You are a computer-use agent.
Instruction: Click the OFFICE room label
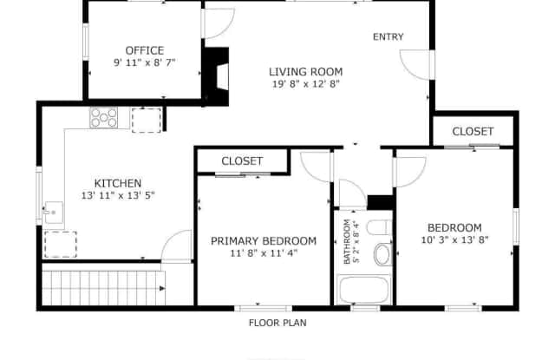pos(145,50)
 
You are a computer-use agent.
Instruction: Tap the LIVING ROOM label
pos(306,72)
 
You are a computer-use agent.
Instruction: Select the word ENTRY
pos(388,36)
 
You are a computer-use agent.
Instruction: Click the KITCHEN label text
pos(118,183)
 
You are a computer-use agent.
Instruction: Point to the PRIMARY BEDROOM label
pos(264,241)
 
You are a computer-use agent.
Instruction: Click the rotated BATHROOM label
pos(347,241)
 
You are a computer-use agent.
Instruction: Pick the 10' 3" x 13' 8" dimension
pos(454,239)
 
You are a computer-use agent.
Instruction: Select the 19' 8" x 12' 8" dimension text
pos(306,84)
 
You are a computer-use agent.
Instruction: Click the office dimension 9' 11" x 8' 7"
pos(145,62)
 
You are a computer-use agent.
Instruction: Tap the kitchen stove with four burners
pos(104,118)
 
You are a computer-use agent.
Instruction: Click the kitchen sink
pos(54,213)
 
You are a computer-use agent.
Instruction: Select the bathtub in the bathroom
pos(364,290)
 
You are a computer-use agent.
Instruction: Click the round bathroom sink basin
pos(382,254)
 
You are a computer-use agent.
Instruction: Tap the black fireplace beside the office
pos(216,76)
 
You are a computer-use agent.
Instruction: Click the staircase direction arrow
pos(162,289)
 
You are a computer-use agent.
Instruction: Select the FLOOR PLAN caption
pos(277,323)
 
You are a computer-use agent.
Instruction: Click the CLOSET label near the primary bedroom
pos(242,161)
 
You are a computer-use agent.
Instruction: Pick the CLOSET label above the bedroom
pos(473,132)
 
